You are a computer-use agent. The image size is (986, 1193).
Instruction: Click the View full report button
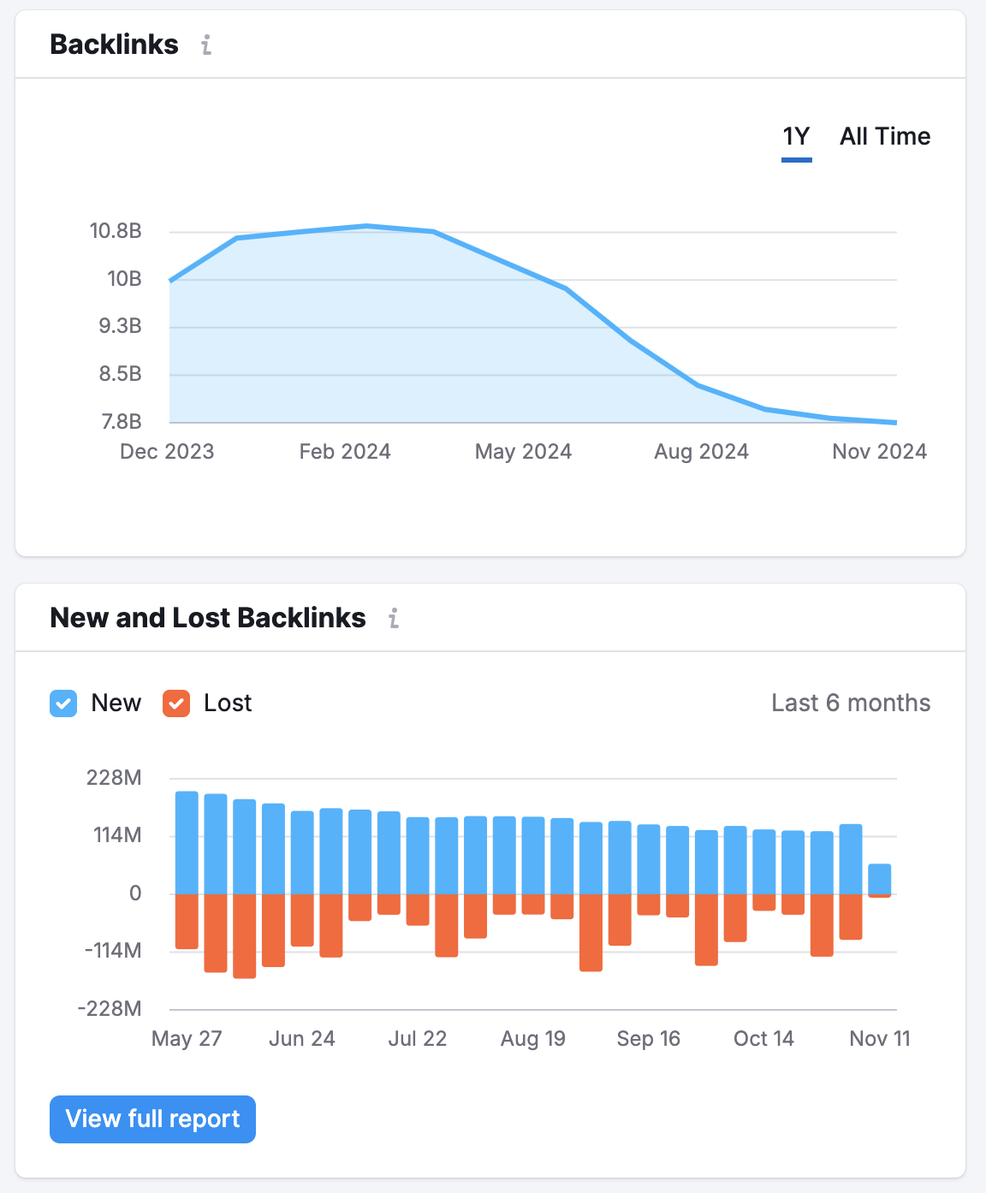pos(152,1119)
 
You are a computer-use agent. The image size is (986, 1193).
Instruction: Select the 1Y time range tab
pos(796,137)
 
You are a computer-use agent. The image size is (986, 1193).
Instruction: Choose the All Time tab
pos(884,137)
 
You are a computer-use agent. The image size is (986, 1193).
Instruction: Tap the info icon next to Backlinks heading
pos(206,45)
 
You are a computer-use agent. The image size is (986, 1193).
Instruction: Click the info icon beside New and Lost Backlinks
pos(394,618)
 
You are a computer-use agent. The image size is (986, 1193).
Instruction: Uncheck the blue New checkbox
pos(63,703)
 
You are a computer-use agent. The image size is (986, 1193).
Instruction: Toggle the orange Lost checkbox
pos(176,703)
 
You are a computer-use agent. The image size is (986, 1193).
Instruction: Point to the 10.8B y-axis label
pos(116,231)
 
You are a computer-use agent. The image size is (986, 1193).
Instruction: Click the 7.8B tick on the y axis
pos(122,422)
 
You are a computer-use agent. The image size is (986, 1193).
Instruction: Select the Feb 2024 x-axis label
pos(345,452)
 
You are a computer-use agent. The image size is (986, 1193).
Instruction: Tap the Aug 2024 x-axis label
pos(701,452)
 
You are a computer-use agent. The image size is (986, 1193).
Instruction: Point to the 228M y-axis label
pos(114,778)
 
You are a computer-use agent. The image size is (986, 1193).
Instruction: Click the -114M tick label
pos(112,951)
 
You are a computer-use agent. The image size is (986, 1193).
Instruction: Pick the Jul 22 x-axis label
pos(418,1039)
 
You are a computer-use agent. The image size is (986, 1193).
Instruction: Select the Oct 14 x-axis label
pos(763,1039)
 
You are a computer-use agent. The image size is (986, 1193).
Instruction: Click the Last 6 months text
pos(850,703)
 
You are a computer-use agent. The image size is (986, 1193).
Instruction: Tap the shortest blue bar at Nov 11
pos(880,879)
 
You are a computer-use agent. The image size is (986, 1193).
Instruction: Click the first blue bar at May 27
pos(187,843)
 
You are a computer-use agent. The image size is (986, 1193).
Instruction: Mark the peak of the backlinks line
pos(366,226)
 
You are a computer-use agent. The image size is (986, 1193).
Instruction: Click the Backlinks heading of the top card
pos(115,45)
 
